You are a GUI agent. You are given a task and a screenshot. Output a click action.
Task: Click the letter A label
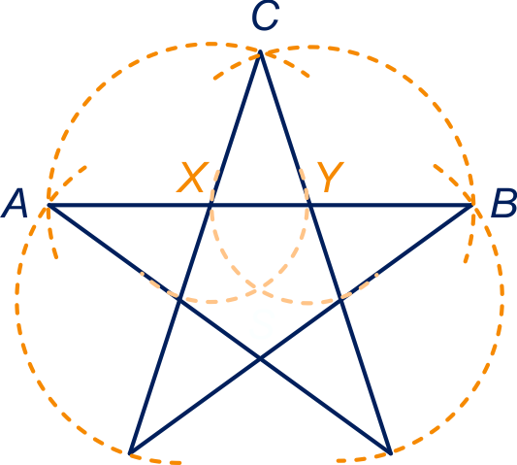point(14,203)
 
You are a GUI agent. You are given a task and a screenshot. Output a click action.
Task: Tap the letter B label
point(503,203)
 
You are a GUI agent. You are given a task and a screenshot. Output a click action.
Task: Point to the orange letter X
point(193,177)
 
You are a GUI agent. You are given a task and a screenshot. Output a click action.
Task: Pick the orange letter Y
point(330,177)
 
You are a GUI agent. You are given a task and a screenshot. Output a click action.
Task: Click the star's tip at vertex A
point(48,205)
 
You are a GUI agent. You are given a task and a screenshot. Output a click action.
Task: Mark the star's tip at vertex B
point(471,205)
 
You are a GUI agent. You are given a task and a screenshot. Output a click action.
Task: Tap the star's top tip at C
point(260,51)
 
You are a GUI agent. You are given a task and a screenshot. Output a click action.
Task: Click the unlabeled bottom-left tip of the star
point(130,453)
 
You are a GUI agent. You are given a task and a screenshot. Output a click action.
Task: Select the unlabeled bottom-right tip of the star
point(391,453)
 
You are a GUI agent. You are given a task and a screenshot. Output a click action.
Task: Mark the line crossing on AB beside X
point(210,205)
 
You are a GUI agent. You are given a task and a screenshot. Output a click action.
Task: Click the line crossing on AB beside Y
point(310,205)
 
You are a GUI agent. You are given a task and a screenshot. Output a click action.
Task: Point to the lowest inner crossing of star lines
point(260,359)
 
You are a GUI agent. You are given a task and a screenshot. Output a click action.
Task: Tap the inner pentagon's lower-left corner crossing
point(179,299)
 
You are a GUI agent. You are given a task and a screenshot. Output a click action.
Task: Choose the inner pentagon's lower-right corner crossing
point(341,299)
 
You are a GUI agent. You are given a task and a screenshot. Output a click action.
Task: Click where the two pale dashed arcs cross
point(260,289)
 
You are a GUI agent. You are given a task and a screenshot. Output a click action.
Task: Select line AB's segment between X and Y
point(260,205)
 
